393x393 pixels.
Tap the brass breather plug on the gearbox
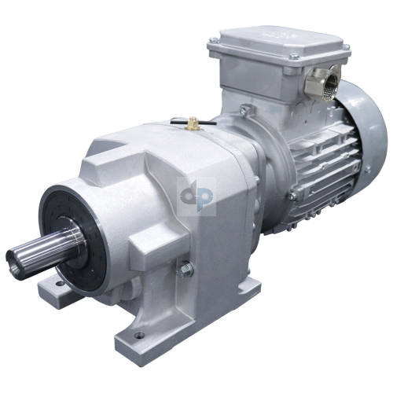pyautogui.click(x=193, y=123)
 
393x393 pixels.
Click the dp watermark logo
pyautogui.click(x=196, y=197)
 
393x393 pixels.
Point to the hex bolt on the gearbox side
pyautogui.click(x=187, y=270)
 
